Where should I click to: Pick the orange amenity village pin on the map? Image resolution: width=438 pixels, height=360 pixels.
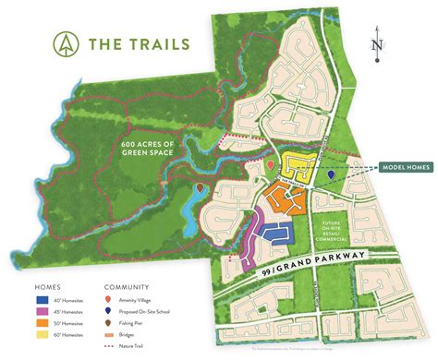(x=270, y=164)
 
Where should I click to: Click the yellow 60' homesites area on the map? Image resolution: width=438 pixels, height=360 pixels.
(x=298, y=166)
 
